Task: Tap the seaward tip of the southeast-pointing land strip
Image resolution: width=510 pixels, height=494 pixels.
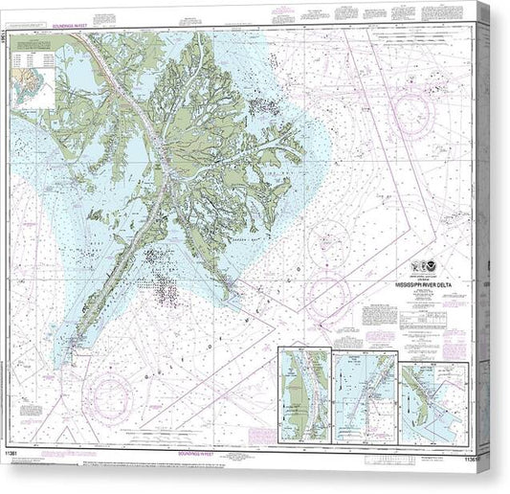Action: pos(233,286)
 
